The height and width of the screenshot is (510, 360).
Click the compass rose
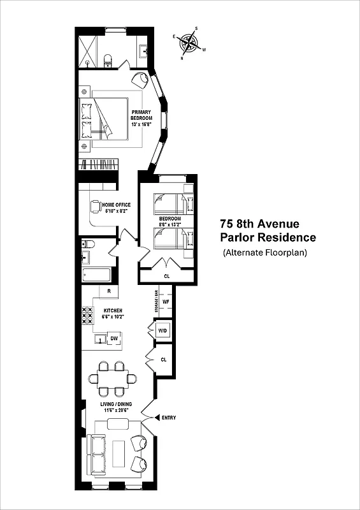point(189,43)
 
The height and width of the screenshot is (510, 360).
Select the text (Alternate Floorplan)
point(265,253)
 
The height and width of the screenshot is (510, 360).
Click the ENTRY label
point(169,418)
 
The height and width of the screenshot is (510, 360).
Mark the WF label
point(165,302)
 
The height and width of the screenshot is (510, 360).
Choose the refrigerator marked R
point(109,291)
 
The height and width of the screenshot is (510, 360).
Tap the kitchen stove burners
point(86,316)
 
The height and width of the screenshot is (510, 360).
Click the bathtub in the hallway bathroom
point(96,275)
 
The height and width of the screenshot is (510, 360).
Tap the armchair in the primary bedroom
point(140,80)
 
